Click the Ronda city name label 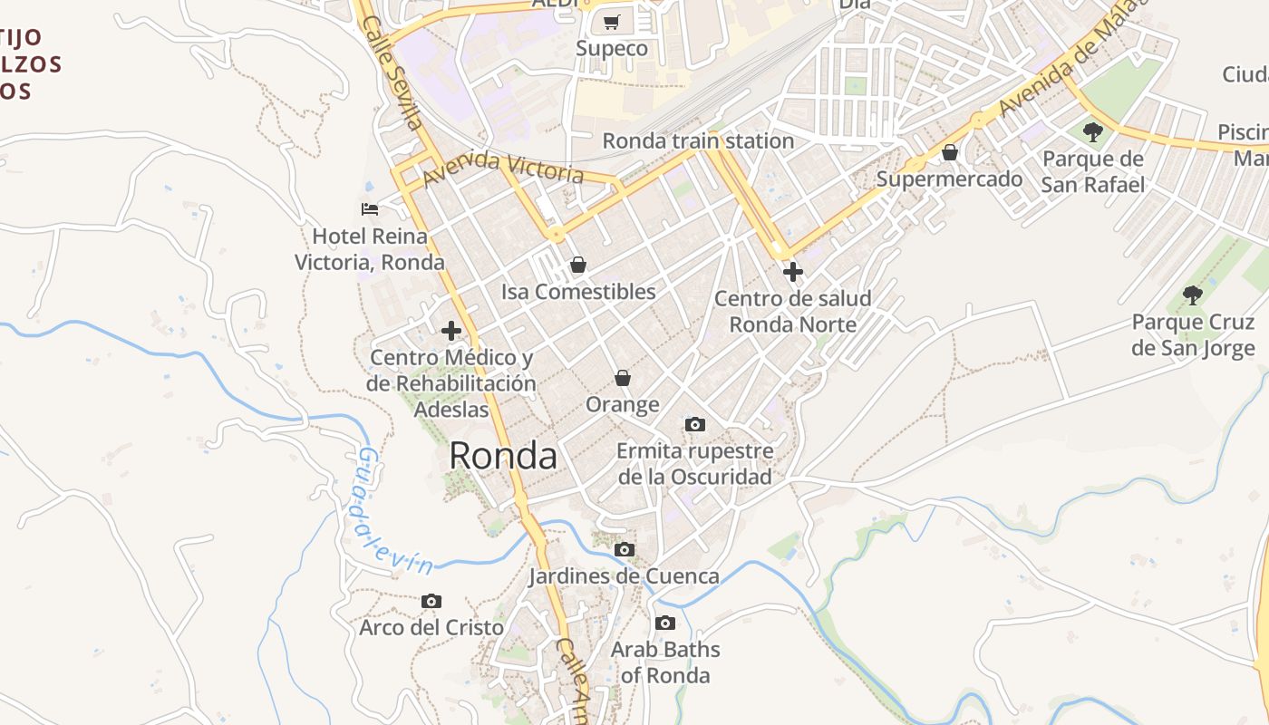503,456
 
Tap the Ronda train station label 698,141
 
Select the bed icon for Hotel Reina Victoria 370,209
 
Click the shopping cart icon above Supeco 612,22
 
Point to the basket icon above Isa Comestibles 577,265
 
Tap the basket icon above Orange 622,377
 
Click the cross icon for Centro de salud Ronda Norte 793,272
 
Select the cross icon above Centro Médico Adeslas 451,331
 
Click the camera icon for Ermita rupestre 695,424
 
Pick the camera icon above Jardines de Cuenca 624,549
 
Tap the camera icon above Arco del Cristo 431,601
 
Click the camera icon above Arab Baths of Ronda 665,623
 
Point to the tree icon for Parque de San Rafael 1093,132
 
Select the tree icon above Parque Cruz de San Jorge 1193,295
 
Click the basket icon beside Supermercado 950,152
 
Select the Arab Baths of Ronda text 665,662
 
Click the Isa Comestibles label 578,292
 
